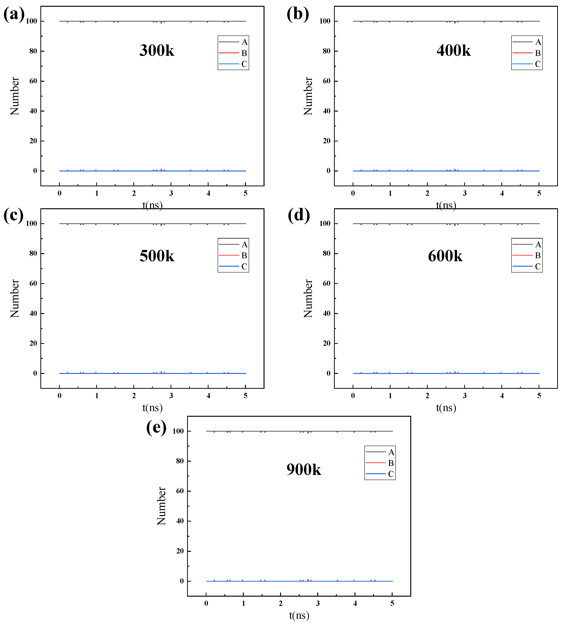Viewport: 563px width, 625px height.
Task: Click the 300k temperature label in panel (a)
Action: [157, 50]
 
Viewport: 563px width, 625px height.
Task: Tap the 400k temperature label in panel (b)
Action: [453, 50]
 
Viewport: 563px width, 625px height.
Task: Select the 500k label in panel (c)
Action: [157, 256]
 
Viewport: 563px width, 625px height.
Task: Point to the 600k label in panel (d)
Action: [445, 256]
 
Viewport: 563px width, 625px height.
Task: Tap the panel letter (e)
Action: [156, 427]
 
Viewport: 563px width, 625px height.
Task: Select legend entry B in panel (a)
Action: [244, 53]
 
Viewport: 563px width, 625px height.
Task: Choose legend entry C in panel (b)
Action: [538, 64]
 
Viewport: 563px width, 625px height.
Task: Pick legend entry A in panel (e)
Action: [391, 452]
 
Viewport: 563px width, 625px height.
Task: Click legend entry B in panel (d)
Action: [538, 255]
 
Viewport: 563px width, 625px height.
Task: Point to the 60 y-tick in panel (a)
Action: [33, 81]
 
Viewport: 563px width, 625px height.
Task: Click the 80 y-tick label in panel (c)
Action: [33, 254]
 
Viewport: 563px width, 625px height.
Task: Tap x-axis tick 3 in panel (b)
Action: [465, 193]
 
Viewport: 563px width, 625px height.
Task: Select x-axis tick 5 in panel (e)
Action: [392, 603]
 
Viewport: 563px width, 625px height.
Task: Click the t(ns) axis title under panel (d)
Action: [446, 408]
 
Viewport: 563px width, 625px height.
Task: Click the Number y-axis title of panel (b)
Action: [308, 96]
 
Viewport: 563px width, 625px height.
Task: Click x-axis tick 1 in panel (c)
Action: [97, 396]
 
